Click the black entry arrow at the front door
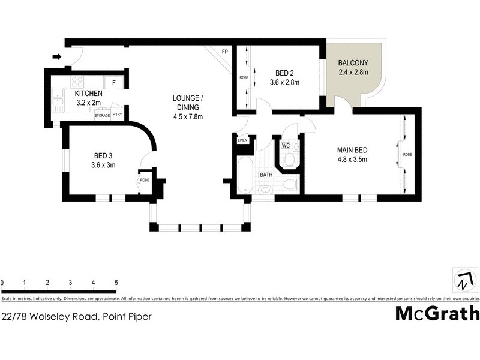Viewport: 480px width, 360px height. click(57, 57)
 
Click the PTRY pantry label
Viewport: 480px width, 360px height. click(117, 115)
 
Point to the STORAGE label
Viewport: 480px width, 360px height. click(102, 115)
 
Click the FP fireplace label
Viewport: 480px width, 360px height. click(225, 52)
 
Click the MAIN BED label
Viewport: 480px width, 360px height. click(352, 150)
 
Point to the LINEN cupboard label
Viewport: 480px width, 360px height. click(242, 140)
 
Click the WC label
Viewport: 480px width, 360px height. click(286, 145)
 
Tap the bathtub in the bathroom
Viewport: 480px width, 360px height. click(243, 175)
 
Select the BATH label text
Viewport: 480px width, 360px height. click(265, 175)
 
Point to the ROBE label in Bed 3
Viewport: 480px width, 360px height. click(144, 179)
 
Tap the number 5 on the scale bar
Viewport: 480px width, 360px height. click(116, 282)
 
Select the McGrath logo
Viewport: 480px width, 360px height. click(437, 313)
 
